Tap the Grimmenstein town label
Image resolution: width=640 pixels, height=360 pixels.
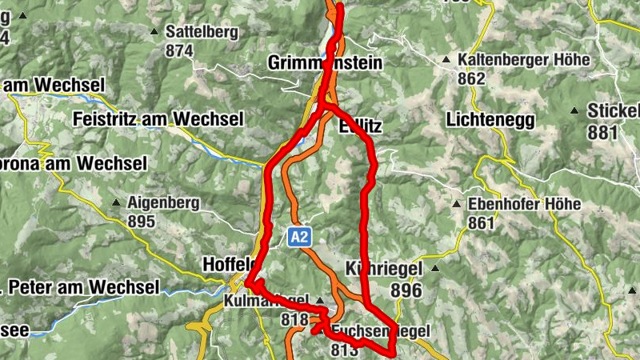tap(326, 62)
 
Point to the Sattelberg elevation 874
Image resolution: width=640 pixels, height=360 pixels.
tap(180, 50)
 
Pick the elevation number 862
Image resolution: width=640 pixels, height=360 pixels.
tap(472, 78)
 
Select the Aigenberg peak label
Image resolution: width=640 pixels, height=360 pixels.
tap(163, 203)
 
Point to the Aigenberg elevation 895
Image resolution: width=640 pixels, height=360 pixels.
tap(141, 222)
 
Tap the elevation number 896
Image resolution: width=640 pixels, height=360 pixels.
tap(407, 291)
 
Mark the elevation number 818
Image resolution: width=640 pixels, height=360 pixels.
tap(295, 318)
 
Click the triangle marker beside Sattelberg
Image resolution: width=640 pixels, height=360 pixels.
tap(154, 32)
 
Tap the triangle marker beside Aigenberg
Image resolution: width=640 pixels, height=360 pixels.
tap(117, 203)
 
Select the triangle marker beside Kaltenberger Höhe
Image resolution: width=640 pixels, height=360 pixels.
tap(446, 60)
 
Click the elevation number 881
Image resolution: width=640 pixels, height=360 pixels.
tap(602, 130)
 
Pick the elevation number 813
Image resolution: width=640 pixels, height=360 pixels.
tap(343, 349)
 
